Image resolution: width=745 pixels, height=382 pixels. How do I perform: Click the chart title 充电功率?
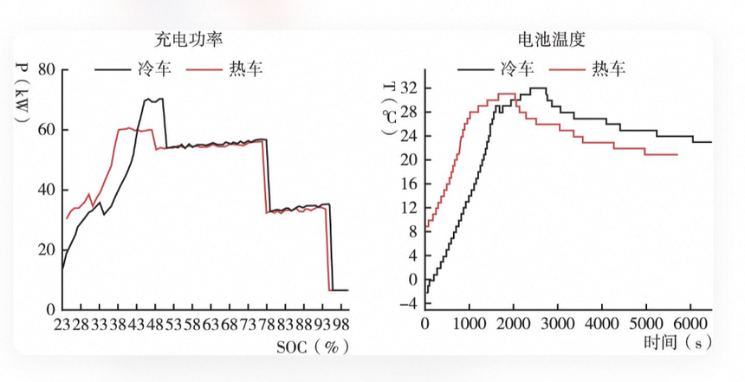(x=189, y=40)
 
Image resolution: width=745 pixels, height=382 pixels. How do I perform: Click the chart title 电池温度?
(x=552, y=40)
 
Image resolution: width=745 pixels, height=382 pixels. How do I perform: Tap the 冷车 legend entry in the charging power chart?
(x=133, y=69)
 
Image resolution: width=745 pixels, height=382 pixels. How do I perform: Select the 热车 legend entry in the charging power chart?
(x=224, y=69)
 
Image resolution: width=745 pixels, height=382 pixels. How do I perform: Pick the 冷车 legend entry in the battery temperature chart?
(x=496, y=69)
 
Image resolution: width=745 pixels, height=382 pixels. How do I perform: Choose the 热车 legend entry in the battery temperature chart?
(x=587, y=69)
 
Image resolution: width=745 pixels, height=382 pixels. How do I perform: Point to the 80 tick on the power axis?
(x=46, y=70)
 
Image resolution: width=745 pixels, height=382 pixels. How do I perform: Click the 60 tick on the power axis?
(x=46, y=130)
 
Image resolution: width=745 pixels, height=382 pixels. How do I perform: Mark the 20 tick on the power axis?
(x=46, y=249)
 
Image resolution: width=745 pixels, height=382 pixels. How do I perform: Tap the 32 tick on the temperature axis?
(x=409, y=88)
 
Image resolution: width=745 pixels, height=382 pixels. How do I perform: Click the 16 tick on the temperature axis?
(x=409, y=184)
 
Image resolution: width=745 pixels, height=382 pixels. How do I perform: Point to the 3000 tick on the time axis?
(x=558, y=324)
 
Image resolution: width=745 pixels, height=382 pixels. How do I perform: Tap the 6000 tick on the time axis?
(x=690, y=324)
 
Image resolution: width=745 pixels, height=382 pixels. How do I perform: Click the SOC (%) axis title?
(x=313, y=346)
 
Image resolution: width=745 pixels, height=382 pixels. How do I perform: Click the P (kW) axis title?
(x=22, y=92)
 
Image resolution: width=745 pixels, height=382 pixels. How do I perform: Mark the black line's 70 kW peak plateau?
(x=153, y=100)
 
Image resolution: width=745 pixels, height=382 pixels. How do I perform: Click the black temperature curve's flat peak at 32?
(x=538, y=87)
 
